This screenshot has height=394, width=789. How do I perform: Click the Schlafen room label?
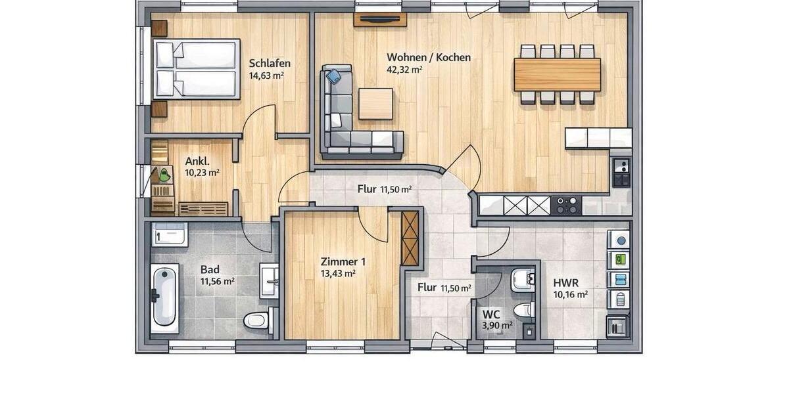(270, 64)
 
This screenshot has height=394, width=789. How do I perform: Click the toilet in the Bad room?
(256, 321)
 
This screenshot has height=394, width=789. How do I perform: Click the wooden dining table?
(557, 74)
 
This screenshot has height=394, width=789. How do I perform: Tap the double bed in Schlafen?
(196, 69)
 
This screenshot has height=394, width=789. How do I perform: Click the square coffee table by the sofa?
(375, 104)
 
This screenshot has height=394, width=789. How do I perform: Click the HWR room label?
(565, 283)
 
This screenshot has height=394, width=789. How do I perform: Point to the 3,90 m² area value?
(497, 325)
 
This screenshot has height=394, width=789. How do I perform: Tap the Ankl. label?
(197, 161)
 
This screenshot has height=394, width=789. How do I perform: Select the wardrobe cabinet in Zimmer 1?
(410, 238)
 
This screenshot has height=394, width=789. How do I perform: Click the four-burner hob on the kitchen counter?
(566, 206)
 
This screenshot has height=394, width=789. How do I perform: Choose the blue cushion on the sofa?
(334, 76)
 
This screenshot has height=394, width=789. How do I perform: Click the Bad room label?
(210, 270)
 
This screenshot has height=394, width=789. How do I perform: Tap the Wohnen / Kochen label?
(428, 57)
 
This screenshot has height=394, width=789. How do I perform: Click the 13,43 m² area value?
(339, 273)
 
